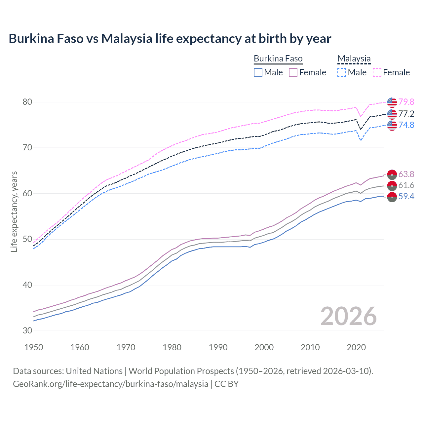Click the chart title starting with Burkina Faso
(x=170, y=39)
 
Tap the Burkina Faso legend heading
(x=278, y=59)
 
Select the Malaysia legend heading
(x=354, y=59)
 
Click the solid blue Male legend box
(x=258, y=72)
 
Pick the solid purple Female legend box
(x=293, y=72)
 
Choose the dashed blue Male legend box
(x=342, y=72)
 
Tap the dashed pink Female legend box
(x=377, y=72)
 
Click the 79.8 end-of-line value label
(x=406, y=102)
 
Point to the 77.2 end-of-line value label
(x=406, y=114)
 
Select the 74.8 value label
(x=406, y=125)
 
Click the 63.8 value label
(x=406, y=174)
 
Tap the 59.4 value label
(x=406, y=197)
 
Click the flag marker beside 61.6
(x=392, y=186)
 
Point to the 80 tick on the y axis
(x=27, y=102)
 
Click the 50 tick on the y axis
(x=27, y=239)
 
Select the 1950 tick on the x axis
(x=34, y=347)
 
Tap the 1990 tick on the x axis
(x=218, y=347)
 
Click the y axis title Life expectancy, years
(x=14, y=211)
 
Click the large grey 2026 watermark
(x=349, y=316)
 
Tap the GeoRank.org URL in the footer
(x=110, y=384)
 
